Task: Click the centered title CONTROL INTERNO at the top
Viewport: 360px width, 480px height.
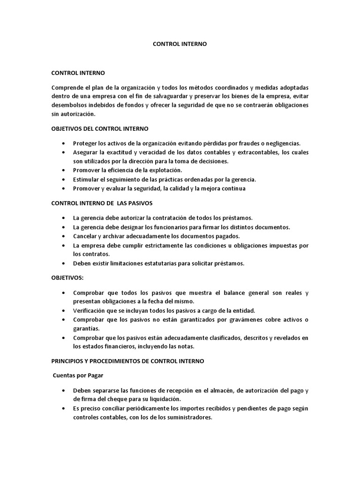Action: [x=180, y=44]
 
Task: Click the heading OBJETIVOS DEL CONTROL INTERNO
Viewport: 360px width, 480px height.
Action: [x=99, y=128]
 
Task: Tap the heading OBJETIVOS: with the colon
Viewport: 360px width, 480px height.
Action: [x=67, y=277]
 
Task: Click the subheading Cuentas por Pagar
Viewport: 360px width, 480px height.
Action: [x=78, y=375]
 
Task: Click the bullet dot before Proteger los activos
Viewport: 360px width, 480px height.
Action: [x=63, y=143]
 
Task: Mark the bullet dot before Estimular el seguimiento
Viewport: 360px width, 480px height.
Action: [x=63, y=179]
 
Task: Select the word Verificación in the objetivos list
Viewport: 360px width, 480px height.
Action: [x=90, y=311]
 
